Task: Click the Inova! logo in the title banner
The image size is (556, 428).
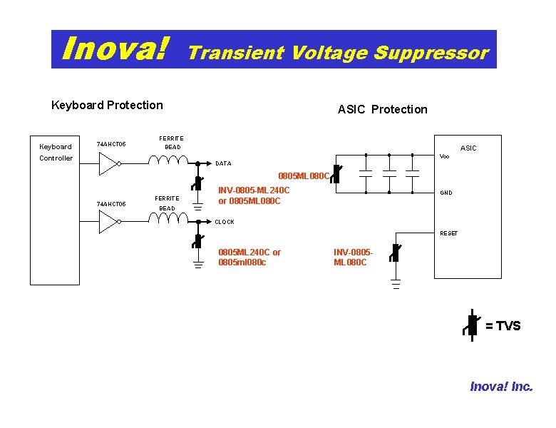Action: (115, 49)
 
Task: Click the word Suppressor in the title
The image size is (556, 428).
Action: (431, 53)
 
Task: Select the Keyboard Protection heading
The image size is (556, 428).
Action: (107, 105)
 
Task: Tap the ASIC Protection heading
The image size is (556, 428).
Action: (382, 109)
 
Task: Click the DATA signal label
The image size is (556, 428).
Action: (223, 163)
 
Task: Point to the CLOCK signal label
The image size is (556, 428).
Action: (225, 222)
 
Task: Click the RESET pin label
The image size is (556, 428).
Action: (448, 233)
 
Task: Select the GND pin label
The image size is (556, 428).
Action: (446, 193)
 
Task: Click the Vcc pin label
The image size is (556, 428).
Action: (444, 156)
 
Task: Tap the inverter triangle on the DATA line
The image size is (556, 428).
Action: (108, 164)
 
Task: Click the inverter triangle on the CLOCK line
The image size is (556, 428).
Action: (108, 223)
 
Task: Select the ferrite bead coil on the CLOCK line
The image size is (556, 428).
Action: (168, 218)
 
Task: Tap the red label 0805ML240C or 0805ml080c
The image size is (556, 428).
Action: (249, 257)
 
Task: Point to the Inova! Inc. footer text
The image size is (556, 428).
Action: (501, 387)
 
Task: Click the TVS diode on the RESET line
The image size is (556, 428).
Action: (395, 253)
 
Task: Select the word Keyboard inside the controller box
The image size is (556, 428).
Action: (55, 147)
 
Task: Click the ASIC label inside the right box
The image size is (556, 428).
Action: (468, 148)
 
